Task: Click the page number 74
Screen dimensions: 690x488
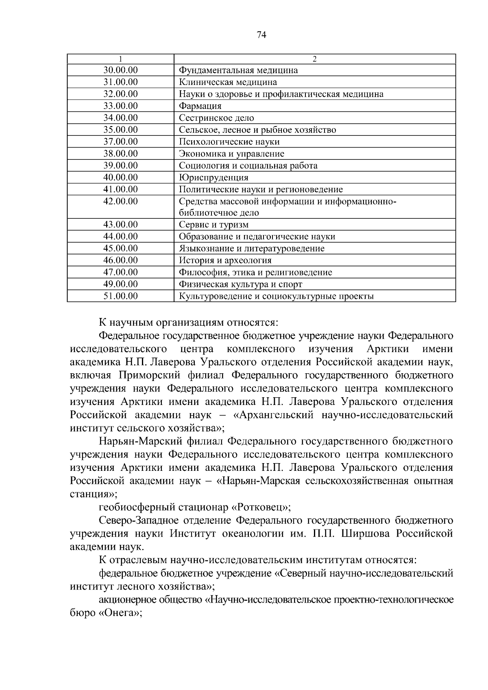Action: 261,35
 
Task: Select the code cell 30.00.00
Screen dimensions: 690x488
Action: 120,70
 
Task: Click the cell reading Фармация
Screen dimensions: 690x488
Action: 200,106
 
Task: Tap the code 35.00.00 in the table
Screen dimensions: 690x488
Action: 120,130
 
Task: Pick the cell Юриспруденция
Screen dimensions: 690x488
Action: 213,178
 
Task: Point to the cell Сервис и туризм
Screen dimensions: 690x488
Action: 213,225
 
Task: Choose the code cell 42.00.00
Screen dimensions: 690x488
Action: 120,201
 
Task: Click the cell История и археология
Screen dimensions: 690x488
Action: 225,261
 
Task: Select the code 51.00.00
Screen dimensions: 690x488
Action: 120,296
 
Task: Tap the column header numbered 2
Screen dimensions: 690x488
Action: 314,59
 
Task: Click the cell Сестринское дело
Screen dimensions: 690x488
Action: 216,118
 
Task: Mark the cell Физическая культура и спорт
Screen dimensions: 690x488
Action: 240,284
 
